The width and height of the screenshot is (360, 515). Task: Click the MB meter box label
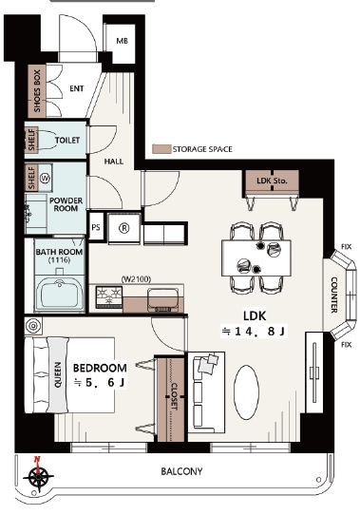point(122,41)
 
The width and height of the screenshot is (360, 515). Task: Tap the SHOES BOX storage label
point(37,91)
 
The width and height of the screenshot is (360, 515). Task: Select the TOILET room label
point(67,141)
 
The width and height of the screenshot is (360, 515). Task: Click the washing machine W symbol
point(45,179)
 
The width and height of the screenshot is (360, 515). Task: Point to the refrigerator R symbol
point(124,228)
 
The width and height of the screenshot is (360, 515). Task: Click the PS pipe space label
point(96,227)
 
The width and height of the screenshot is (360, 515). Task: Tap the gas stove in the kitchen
point(109,296)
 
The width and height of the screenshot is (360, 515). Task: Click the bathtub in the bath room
point(60,294)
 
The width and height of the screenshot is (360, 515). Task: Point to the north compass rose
point(38,475)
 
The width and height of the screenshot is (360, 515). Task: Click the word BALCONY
point(181,471)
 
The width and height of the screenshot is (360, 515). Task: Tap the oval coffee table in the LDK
point(246,392)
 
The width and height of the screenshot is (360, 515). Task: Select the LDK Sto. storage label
point(272,181)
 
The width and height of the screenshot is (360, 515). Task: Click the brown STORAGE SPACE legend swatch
point(161,149)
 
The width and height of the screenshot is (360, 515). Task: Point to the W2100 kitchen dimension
point(136,279)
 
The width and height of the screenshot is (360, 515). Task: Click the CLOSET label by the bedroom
point(174,396)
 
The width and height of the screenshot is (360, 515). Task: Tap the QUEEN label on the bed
point(58,375)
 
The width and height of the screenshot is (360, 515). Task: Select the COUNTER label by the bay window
point(333,296)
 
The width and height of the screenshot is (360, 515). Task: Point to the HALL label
point(114,162)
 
